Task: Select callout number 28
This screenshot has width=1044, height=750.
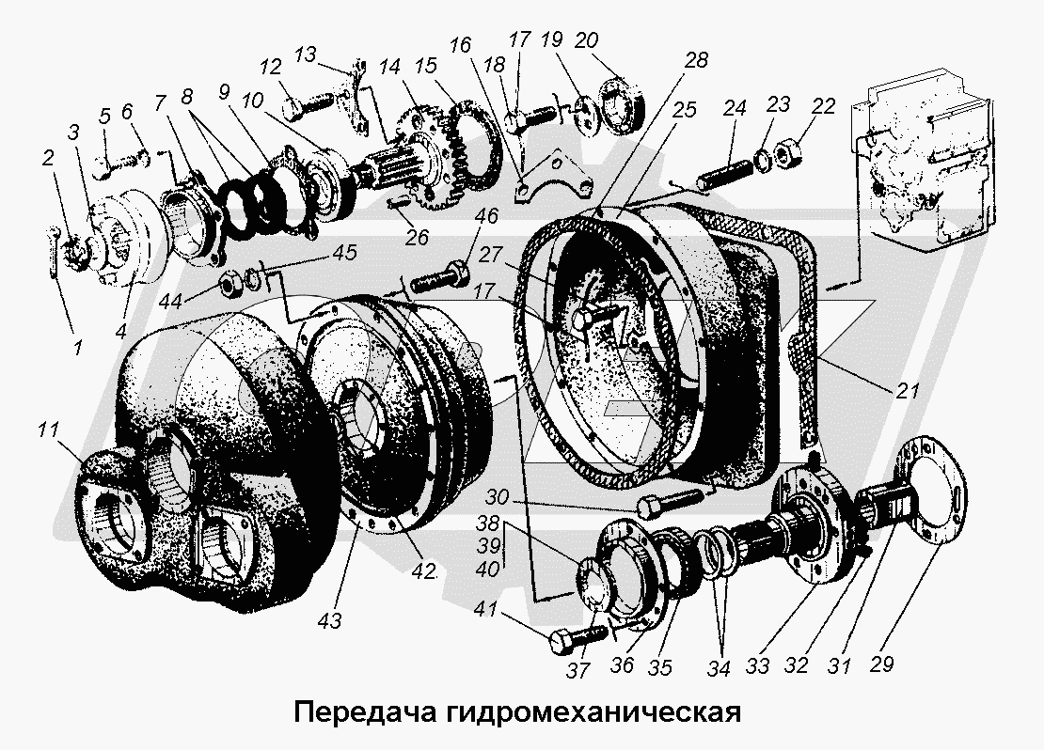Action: (x=696, y=60)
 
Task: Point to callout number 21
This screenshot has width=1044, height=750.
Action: (x=906, y=390)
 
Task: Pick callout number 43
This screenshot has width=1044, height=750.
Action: (x=329, y=620)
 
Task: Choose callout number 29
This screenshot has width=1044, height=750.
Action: (x=880, y=663)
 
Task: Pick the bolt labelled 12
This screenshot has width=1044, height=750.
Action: (x=308, y=103)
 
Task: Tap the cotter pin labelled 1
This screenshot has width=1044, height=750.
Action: (x=52, y=250)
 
